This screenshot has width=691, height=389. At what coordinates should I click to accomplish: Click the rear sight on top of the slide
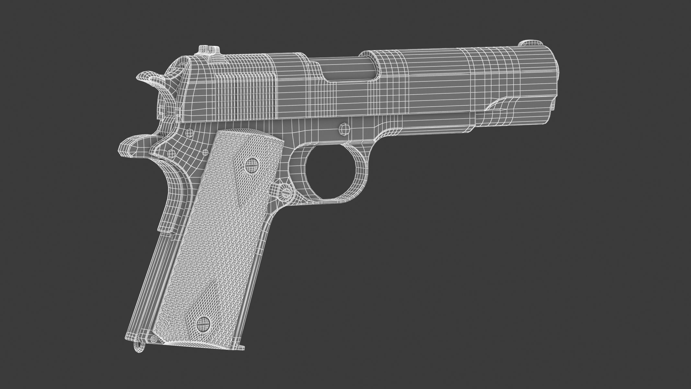[208, 51]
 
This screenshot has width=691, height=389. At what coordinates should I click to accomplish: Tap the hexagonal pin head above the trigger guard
[344, 129]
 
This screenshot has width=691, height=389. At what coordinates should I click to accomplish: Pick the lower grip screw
[202, 323]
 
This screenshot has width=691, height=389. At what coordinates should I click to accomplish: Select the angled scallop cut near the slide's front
[501, 105]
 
